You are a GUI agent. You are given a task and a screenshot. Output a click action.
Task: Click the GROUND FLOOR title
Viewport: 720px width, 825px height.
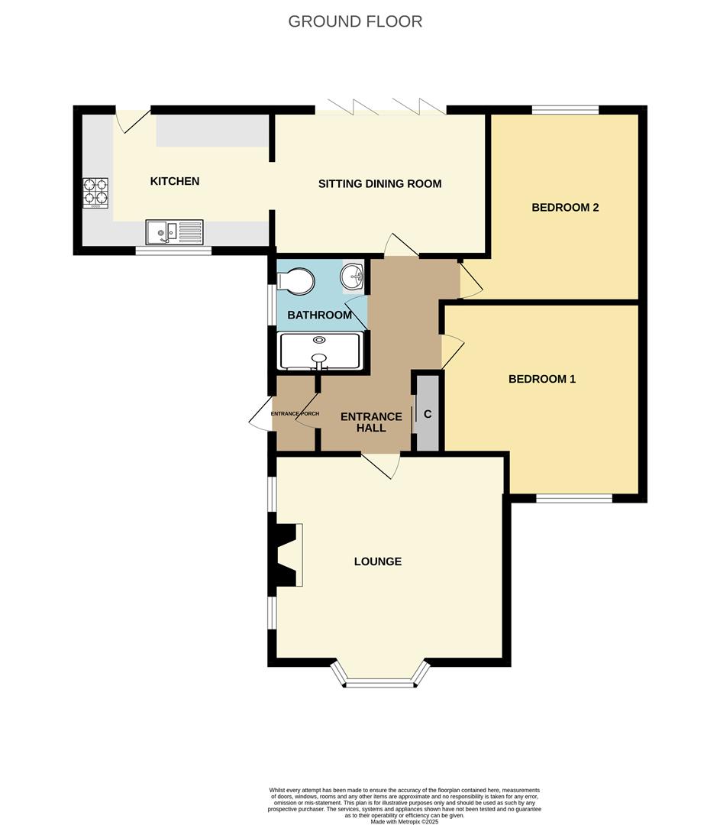[355, 21]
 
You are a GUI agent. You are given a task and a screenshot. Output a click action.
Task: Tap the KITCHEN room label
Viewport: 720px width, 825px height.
[175, 181]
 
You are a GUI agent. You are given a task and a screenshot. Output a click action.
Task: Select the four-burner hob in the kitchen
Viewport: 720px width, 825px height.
[95, 192]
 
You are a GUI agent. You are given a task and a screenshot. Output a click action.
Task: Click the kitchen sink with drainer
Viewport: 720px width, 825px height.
[175, 231]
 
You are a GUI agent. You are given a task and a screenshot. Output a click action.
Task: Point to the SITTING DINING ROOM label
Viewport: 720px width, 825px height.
[379, 183]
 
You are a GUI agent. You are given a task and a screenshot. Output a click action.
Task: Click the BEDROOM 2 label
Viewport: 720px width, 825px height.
[565, 207]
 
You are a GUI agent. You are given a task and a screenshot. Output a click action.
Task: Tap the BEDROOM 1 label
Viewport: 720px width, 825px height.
[541, 378]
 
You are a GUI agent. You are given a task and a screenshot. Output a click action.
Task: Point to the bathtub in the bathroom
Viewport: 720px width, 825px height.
[320, 351]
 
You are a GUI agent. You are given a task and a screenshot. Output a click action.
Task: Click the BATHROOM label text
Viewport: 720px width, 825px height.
[319, 315]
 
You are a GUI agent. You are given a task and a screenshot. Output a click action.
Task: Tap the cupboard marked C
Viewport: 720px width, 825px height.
[428, 413]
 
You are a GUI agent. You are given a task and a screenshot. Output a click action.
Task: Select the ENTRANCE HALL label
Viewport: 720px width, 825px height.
[370, 422]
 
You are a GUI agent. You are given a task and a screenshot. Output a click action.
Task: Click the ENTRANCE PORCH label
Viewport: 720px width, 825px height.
[294, 413]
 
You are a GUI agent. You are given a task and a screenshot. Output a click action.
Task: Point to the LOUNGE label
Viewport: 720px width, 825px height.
[377, 561]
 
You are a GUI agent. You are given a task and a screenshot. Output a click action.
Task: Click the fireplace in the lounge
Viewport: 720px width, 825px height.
[289, 555]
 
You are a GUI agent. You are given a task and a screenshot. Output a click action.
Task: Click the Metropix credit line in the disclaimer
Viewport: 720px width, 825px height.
[405, 821]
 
